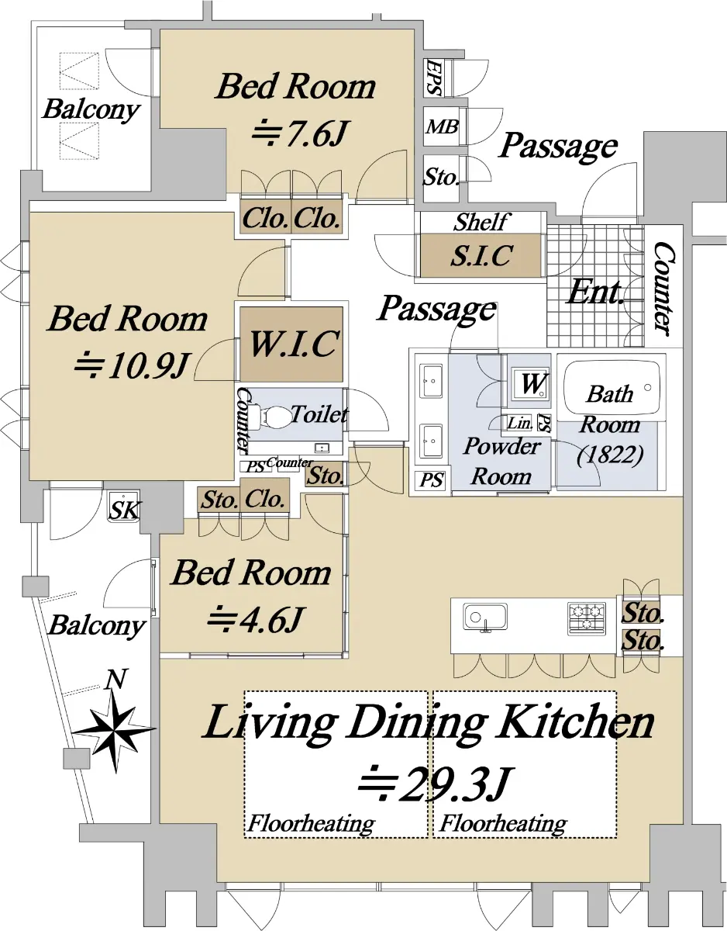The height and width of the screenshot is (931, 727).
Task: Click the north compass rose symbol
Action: click(x=113, y=729)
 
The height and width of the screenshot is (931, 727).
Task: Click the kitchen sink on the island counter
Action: click(x=485, y=618)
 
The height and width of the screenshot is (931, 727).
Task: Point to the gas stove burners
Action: click(x=587, y=618)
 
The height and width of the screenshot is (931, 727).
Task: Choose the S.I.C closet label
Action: click(x=481, y=256)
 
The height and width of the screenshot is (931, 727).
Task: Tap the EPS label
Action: click(x=433, y=78)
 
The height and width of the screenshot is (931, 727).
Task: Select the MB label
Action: click(x=442, y=126)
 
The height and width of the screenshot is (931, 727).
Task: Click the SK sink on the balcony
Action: click(x=124, y=507)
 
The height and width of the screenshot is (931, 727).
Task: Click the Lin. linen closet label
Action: click(x=519, y=424)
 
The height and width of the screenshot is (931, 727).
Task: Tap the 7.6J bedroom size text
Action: click(x=299, y=133)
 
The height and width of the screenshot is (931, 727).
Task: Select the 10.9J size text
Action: click(x=133, y=366)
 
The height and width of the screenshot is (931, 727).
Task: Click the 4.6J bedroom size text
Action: click(x=256, y=619)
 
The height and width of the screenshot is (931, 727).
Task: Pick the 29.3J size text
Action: click(x=434, y=784)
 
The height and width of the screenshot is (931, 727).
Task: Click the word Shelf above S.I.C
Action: click(x=481, y=222)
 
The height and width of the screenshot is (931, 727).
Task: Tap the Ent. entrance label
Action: click(x=594, y=292)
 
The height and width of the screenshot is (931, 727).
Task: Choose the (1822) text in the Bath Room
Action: click(x=610, y=455)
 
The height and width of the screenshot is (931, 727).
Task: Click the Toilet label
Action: click(x=319, y=414)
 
